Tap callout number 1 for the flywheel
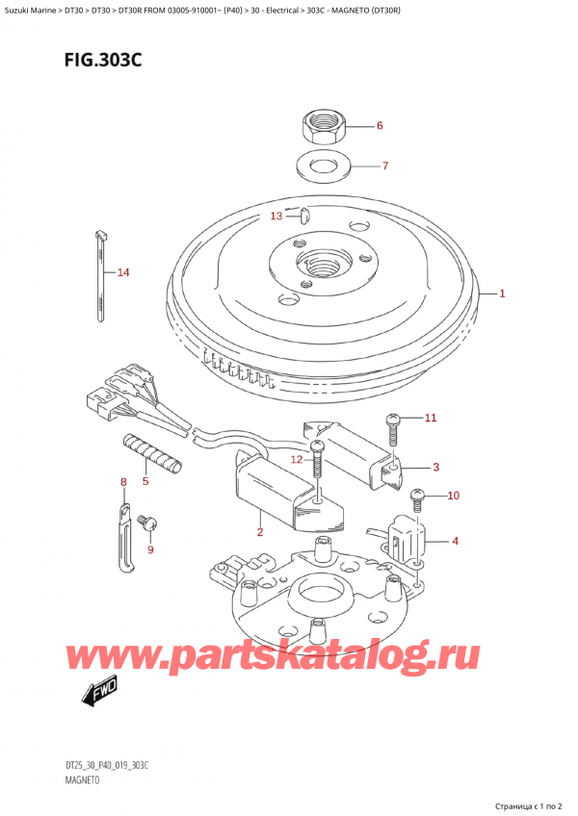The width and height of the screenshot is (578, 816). click(x=502, y=293)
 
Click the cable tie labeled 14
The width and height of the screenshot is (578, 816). click(x=101, y=274)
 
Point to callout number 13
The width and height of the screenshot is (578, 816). click(x=276, y=216)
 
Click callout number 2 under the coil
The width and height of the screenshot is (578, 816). click(x=260, y=532)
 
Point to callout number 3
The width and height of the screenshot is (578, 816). click(x=435, y=468)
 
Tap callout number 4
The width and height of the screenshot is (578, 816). click(x=455, y=541)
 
